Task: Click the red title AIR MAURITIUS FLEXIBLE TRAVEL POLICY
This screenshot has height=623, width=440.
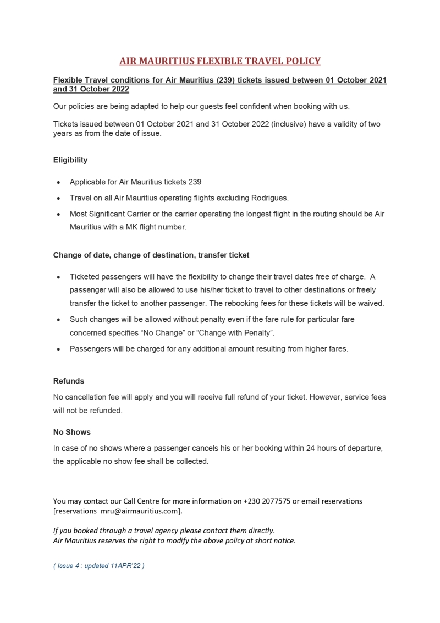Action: coord(220,61)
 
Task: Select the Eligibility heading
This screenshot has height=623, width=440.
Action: coord(70,160)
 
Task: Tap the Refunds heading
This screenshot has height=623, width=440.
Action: coord(69,381)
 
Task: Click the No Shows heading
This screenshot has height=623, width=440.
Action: coord(71,432)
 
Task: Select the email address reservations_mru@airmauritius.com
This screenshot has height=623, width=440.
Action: coord(117,511)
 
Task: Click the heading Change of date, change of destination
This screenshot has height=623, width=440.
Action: coord(151,255)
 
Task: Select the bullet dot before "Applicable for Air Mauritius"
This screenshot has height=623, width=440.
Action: coord(59,182)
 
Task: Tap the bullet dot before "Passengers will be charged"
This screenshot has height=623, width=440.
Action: coord(59,349)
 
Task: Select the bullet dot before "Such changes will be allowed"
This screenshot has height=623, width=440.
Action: coord(59,319)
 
